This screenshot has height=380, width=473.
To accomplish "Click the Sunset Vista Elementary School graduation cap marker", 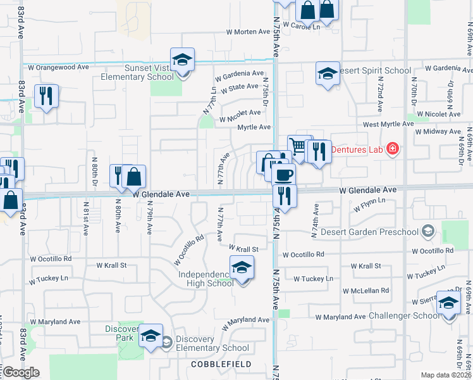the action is click(x=182, y=60).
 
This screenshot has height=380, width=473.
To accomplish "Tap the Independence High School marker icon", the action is click(x=242, y=269).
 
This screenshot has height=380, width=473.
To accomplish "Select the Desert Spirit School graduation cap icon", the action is click(x=328, y=73).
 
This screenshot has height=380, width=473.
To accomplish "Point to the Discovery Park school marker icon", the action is click(x=150, y=336).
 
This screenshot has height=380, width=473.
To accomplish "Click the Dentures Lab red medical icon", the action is click(x=393, y=149).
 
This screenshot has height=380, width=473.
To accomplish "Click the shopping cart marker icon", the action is click(x=298, y=147).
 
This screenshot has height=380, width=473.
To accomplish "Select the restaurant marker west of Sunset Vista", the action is click(x=46, y=96).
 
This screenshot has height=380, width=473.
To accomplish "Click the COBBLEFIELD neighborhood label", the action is click(x=222, y=364).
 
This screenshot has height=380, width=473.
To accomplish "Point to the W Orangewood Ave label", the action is click(x=59, y=67).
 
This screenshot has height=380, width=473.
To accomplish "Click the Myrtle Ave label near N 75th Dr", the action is click(x=254, y=127).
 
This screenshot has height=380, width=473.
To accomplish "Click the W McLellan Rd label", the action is click(x=367, y=290).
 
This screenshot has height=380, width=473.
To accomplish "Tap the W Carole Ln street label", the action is click(x=302, y=27).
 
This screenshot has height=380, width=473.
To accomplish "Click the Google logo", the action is click(x=21, y=372).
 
